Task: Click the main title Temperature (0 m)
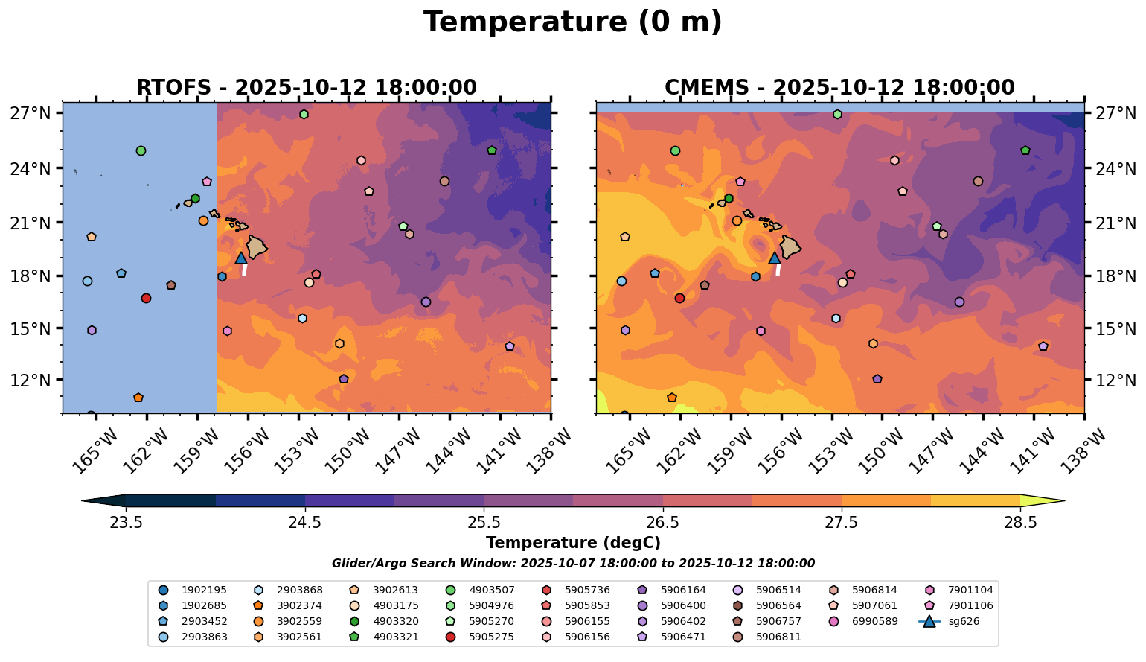pyautogui.click(x=572, y=22)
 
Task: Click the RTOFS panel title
pyautogui.click(x=306, y=88)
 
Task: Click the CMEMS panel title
pyautogui.click(x=839, y=88)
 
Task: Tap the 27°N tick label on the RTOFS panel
pyautogui.click(x=31, y=114)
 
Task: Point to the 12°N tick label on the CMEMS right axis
pyautogui.click(x=1116, y=381)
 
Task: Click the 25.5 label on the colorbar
pyautogui.click(x=484, y=522)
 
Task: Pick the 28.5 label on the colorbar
pyautogui.click(x=1020, y=522)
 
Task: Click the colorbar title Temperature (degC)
pyautogui.click(x=572, y=543)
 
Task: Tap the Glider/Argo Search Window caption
pyautogui.click(x=572, y=564)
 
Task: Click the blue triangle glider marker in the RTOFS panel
pyautogui.click(x=241, y=258)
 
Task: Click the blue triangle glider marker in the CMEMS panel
pyautogui.click(x=775, y=258)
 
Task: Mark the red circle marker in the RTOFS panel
pyautogui.click(x=146, y=298)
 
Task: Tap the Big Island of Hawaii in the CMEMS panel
pyautogui.click(x=790, y=246)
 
